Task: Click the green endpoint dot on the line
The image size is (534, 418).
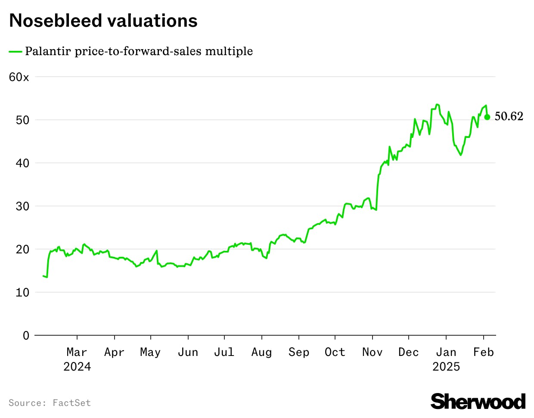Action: tap(487, 117)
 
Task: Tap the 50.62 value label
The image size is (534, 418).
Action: tap(509, 116)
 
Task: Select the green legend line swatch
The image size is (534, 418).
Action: tap(16, 52)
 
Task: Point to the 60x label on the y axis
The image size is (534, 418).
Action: tap(19, 77)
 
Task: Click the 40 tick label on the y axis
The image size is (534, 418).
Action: tap(22, 163)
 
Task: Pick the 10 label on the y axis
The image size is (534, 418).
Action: tap(22, 292)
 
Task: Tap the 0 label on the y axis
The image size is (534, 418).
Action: tap(26, 335)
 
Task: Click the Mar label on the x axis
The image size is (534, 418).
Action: tap(77, 352)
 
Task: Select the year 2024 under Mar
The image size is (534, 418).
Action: tap(77, 367)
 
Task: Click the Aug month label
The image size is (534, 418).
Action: tap(261, 352)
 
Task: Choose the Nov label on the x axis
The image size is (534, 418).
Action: tap(372, 352)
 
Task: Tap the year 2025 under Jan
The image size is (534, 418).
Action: tap(446, 367)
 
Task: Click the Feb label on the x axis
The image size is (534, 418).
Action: tap(483, 352)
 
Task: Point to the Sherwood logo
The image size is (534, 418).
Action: tap(478, 401)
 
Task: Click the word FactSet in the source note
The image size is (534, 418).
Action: tap(71, 403)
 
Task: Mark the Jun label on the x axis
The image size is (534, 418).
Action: tap(188, 352)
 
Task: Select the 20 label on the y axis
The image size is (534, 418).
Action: tap(22, 249)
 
